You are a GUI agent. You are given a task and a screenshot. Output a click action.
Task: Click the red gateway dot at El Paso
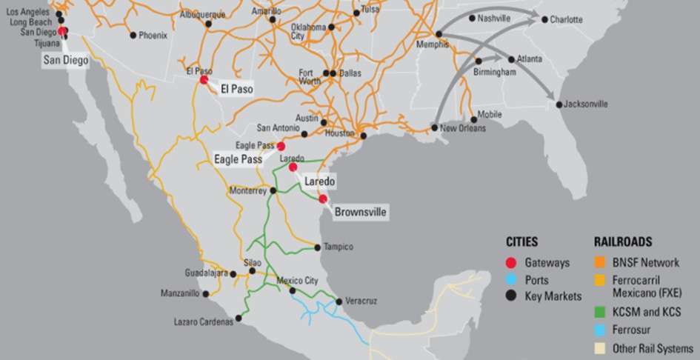[204, 79]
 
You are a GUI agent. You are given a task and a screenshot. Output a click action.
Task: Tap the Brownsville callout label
[360, 212]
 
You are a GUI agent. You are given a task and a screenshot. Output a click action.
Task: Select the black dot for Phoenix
[133, 35]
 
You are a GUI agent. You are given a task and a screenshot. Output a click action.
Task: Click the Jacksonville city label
[586, 104]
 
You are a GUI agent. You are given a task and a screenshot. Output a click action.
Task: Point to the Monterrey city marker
[273, 190]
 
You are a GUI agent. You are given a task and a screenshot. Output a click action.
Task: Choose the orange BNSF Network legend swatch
[600, 263]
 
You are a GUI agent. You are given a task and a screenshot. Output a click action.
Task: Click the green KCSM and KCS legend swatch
[600, 312]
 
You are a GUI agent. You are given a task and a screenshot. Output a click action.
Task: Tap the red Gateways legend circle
[510, 263]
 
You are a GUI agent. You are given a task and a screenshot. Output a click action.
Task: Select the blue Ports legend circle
[510, 280]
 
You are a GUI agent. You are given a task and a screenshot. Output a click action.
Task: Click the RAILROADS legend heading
[623, 241]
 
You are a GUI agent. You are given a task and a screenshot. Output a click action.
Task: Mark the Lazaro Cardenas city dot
[239, 320]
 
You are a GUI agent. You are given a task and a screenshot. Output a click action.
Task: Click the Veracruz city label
[360, 301]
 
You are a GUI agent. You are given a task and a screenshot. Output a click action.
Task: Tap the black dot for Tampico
[318, 247]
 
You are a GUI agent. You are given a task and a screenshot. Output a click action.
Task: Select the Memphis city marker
[439, 33]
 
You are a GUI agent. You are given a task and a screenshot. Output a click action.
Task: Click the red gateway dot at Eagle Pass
[281, 146]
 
